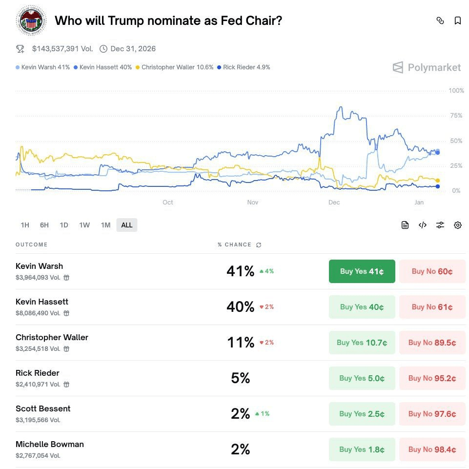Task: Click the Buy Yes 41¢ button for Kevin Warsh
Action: (x=362, y=271)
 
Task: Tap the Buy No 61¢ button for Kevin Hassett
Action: (x=432, y=307)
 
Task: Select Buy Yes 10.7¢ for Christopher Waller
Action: (x=362, y=343)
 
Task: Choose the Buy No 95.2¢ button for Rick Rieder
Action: (x=432, y=378)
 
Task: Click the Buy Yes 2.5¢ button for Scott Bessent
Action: (x=362, y=414)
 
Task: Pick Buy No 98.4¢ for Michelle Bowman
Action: (x=432, y=449)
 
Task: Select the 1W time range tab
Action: (x=84, y=225)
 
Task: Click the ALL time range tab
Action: (x=127, y=225)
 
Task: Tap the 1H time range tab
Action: (x=25, y=225)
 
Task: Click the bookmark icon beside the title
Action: (x=458, y=20)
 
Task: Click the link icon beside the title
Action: (x=440, y=20)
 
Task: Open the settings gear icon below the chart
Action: (x=458, y=225)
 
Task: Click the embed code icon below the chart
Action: (x=423, y=225)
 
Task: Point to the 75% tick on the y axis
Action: (x=456, y=116)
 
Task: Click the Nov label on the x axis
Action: (x=253, y=203)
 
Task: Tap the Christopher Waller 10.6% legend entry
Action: (x=174, y=67)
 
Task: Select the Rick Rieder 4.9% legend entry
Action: (x=244, y=67)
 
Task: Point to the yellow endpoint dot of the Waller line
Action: (x=438, y=181)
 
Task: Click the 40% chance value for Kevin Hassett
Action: (x=240, y=307)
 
